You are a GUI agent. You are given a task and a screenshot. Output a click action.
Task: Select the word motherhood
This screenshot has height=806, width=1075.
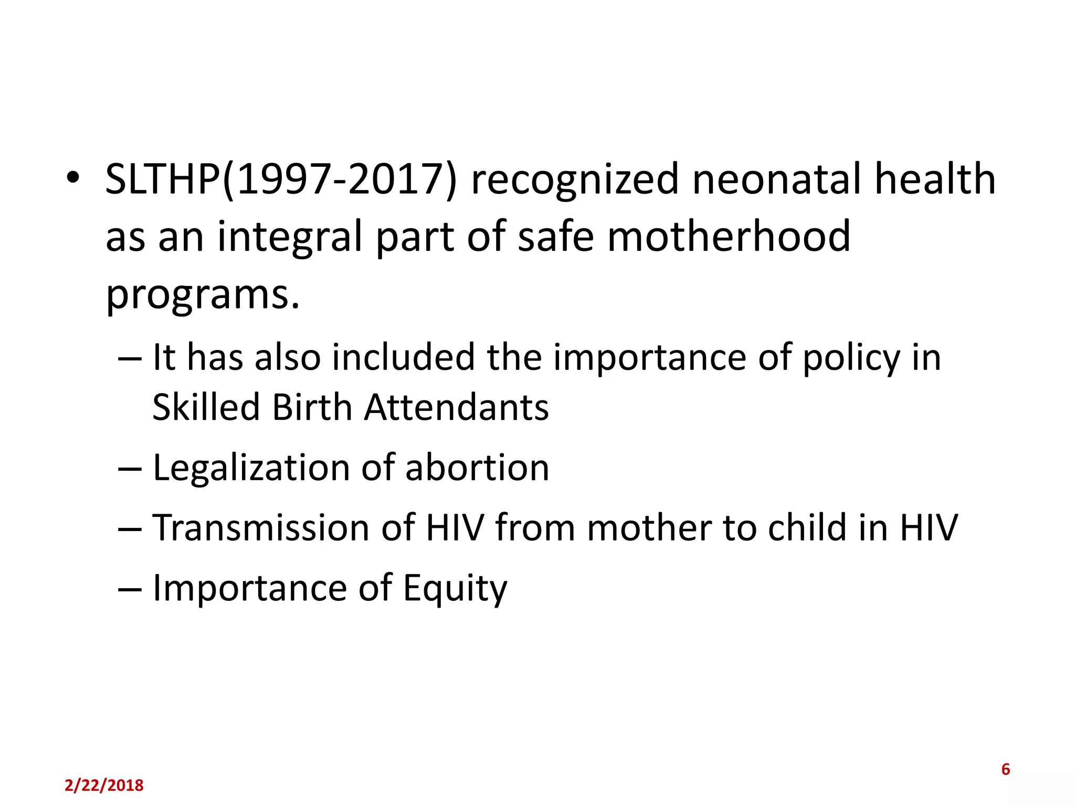tap(729, 237)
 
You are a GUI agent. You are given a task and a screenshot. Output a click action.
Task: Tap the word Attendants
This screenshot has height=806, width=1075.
tap(457, 407)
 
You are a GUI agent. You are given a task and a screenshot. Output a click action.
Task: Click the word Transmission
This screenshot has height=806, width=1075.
tap(261, 527)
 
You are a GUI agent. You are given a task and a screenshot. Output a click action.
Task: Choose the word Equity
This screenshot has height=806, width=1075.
tap(455, 589)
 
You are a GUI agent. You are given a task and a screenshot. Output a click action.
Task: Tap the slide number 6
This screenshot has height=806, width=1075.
tap(1005, 769)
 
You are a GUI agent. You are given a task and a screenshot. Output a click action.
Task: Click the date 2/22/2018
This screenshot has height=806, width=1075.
tap(104, 786)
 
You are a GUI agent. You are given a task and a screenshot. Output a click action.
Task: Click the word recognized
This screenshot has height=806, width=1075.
tap(575, 179)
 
